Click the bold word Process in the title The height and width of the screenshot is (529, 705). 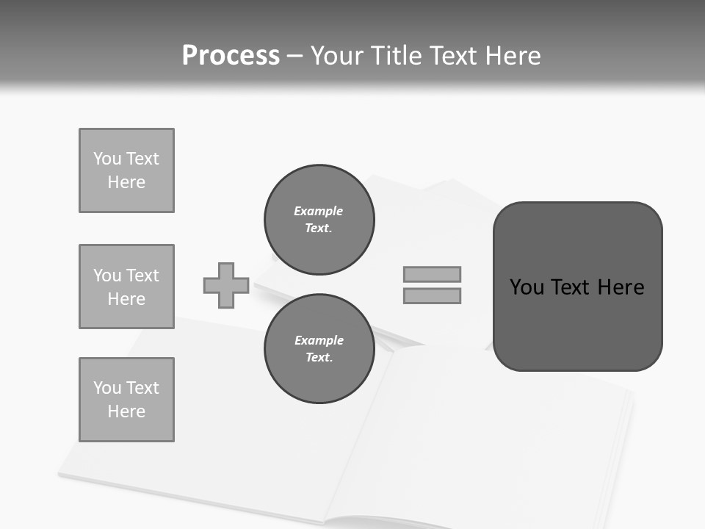click(231, 56)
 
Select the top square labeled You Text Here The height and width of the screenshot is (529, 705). click(126, 170)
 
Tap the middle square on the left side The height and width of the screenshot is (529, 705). click(126, 287)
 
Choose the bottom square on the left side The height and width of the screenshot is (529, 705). click(126, 400)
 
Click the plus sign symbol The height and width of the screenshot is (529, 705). click(226, 285)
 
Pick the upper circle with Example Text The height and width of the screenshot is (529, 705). click(319, 219)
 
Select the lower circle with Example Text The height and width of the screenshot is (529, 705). click(319, 348)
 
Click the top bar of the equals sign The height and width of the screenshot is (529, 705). click(432, 274)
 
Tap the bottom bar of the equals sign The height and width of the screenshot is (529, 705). click(432, 295)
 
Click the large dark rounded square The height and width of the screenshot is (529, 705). click(577, 286)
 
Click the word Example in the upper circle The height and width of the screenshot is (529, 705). click(319, 211)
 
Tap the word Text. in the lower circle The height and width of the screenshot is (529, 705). click(319, 357)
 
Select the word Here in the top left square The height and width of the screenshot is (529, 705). click(126, 182)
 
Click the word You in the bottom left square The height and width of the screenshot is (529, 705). click(107, 388)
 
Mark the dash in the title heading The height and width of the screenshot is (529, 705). click(295, 56)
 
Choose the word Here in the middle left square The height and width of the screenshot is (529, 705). click(126, 299)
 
